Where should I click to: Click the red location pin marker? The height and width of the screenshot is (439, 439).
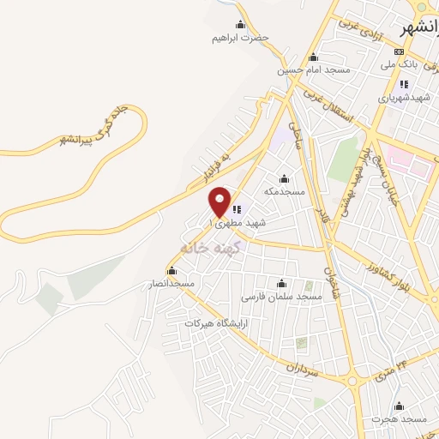(220, 201)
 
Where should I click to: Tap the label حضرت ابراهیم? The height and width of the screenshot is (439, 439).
(240, 38)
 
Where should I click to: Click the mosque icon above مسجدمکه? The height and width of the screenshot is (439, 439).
(285, 178)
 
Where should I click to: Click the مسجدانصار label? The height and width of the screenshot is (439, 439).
(171, 283)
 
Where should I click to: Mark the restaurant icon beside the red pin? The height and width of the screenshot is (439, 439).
(237, 208)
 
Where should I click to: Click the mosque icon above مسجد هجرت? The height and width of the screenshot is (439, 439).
(399, 406)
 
